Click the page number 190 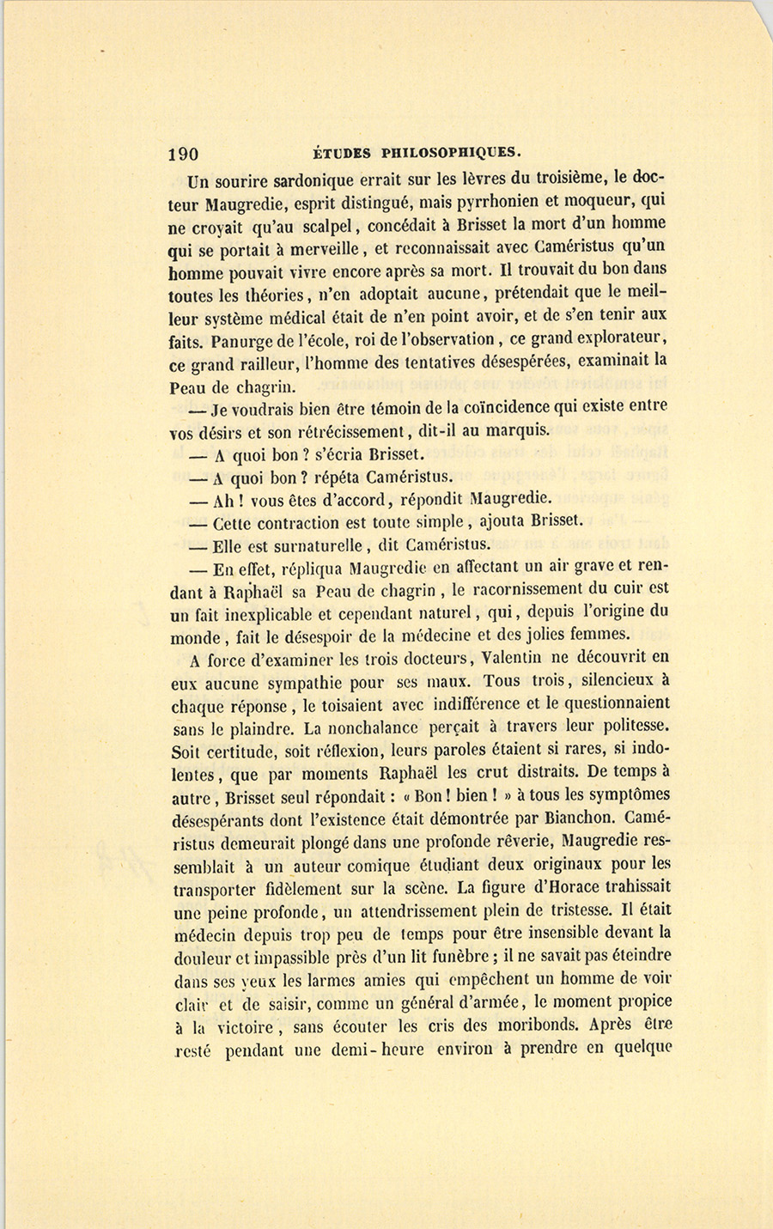[184, 154]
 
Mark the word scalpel [326, 227]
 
